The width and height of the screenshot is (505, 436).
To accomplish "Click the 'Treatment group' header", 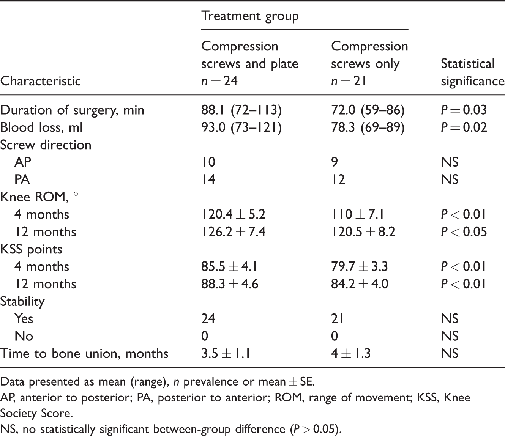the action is coord(250,16).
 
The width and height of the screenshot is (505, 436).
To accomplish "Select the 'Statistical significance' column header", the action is coord(473,72).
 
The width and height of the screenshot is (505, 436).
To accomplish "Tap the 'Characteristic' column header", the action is coord(40,81).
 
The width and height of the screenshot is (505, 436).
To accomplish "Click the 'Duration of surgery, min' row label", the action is coord(72,110).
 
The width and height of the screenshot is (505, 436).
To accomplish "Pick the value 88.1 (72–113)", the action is coord(241,110).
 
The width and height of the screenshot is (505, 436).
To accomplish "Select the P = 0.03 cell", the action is coord(464,110).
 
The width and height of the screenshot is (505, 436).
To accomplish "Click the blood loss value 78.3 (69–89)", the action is coord(368,127).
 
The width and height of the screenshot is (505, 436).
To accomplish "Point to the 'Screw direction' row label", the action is coord(46,145).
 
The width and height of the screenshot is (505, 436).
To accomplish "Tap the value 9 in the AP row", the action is coord(335,162).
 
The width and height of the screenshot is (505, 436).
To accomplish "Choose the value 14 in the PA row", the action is coord(208,179).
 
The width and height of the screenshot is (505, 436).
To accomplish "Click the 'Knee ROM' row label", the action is coord(39,197).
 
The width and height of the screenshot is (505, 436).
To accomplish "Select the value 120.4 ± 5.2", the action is coord(233,214).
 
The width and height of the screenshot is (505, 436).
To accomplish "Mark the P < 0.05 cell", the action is coord(464,232).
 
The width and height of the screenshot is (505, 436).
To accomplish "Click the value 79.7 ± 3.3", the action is coord(360,266).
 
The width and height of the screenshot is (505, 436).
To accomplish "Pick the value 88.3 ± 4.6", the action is coord(230,284).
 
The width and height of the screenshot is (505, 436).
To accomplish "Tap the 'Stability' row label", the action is coord(22,302).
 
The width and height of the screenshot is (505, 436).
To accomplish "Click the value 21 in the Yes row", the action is coord(338,319).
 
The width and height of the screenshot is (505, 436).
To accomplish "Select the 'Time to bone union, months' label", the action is coord(84,354).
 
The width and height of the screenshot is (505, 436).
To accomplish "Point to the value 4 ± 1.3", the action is coord(351,354).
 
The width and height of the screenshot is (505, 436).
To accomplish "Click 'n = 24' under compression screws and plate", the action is coord(219,81).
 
